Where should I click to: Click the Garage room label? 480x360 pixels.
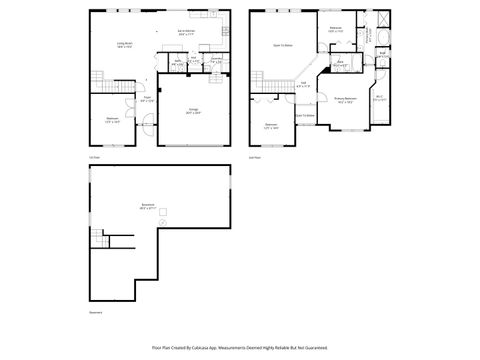pos(193,112)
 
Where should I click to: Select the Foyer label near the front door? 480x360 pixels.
pos(146,100)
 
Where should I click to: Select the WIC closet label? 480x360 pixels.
pos(379,99)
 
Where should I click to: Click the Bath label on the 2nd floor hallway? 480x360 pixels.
pos(340,65)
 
